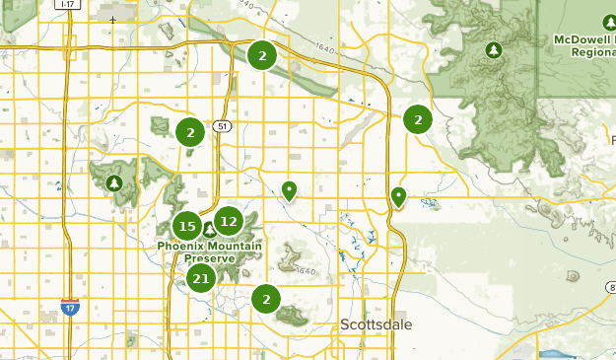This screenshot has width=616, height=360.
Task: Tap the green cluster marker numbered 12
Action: pyautogui.click(x=229, y=222)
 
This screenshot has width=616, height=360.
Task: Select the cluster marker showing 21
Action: pyautogui.click(x=202, y=279)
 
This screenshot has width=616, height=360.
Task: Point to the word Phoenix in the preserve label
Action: pyautogui.click(x=181, y=246)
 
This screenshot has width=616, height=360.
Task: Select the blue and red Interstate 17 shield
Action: pyautogui.click(x=69, y=307)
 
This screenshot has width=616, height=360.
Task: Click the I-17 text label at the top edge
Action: pyautogui.click(x=68, y=4)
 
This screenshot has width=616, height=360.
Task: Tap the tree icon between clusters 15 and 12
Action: pyautogui.click(x=208, y=230)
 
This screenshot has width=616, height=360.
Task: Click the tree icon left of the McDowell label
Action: pyautogui.click(x=494, y=49)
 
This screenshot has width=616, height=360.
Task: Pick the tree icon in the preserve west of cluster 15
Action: pyautogui.click(x=114, y=183)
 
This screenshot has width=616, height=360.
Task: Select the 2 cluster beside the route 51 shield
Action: pyautogui.click(x=190, y=131)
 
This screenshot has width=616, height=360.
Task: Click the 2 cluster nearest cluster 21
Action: pyautogui.click(x=266, y=297)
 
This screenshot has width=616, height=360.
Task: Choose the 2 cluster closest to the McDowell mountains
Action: pyautogui.click(x=418, y=119)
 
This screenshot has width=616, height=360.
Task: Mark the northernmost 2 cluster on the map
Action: pyautogui.click(x=262, y=55)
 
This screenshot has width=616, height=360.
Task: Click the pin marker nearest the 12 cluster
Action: pyautogui.click(x=289, y=190)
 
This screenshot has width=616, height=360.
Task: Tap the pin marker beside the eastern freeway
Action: pyautogui.click(x=398, y=196)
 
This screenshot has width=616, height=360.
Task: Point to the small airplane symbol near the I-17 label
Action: pyautogui.click(x=112, y=20)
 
